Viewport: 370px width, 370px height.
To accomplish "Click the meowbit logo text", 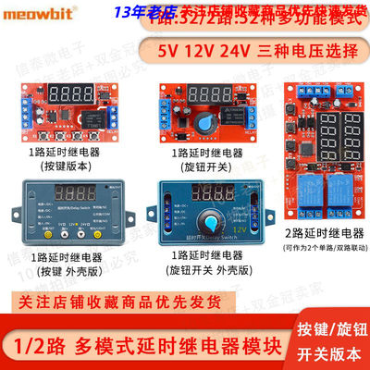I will tap(36, 14).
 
